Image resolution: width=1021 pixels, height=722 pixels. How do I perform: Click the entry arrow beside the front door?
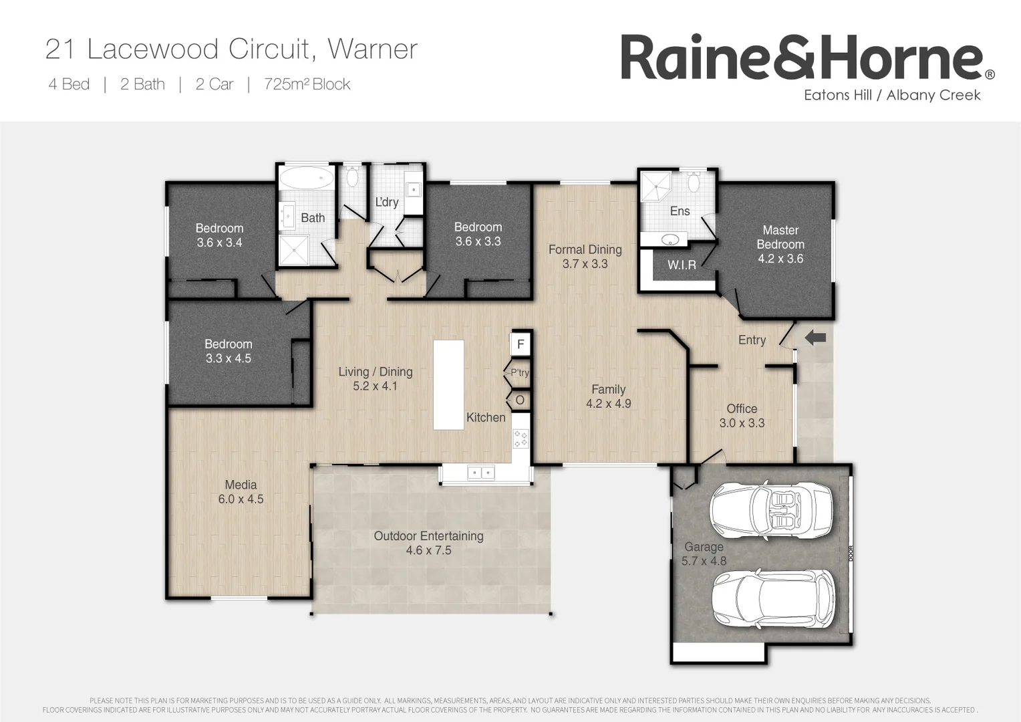tap(815, 338)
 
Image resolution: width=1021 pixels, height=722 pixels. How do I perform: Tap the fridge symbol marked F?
tap(521, 345)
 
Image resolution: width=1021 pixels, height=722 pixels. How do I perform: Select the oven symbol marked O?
tap(520, 400)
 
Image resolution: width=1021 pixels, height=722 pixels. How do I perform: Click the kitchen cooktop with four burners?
tap(520, 439)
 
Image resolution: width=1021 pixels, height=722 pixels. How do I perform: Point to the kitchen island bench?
tap(448, 384)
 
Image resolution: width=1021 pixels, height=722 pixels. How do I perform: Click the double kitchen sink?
tap(480, 473)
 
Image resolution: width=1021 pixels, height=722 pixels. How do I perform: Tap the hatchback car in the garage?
tap(772, 598)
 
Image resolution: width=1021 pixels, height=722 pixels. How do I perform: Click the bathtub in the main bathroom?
tap(307, 178)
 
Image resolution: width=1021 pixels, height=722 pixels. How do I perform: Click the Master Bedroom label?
tap(780, 237)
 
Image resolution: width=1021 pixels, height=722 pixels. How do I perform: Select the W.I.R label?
tap(682, 265)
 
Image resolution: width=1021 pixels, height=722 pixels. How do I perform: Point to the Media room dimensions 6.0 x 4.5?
tap(241, 499)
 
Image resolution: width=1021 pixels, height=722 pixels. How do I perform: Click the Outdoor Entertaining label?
tap(428, 536)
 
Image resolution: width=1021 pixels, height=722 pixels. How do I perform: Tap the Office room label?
tap(742, 408)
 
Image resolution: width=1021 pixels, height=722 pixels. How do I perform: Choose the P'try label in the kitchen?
tap(519, 372)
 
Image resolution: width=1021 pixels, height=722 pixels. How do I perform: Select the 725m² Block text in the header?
tap(307, 84)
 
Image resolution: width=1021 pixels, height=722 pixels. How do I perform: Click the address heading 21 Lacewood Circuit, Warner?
tap(231, 49)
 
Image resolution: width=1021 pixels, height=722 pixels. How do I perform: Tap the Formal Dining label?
tap(585, 249)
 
